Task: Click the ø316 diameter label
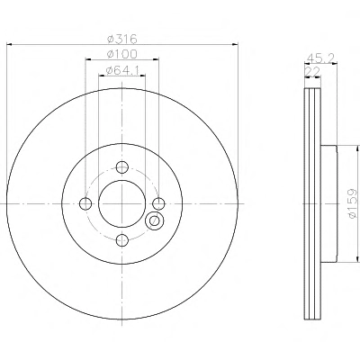coord(122,39)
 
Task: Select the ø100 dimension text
coord(122,54)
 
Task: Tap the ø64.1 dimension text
coord(122,70)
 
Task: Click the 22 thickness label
coord(312,72)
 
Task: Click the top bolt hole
coord(122,167)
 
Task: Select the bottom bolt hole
coord(122,240)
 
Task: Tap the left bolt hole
coord(85,204)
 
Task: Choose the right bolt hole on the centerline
coord(158,204)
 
